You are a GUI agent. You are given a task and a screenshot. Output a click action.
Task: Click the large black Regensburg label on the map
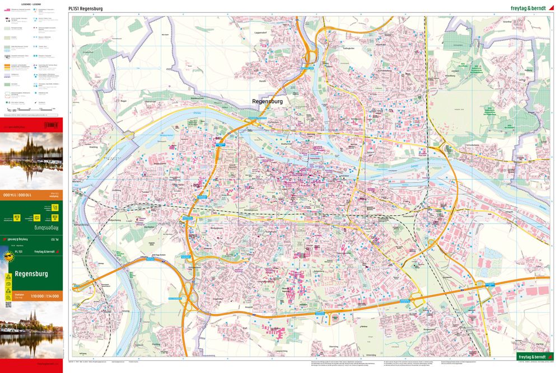click(x=268, y=101)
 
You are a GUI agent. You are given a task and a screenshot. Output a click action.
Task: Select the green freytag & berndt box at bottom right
click(x=532, y=357)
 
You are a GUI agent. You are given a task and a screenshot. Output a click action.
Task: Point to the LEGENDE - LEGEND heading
click(x=31, y=4)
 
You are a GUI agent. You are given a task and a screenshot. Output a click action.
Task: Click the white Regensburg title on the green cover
click(x=31, y=274)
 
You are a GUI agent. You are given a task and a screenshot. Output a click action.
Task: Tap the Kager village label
click(x=124, y=100)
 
